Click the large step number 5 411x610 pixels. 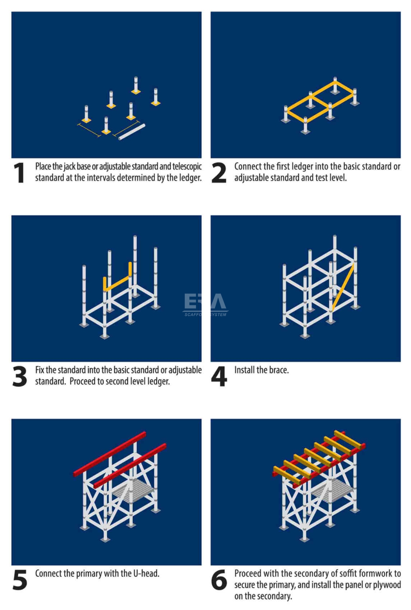[20, 580]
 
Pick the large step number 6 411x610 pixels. [219, 580]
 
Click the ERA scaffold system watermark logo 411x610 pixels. [205, 304]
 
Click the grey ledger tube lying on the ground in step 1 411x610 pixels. [132, 132]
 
